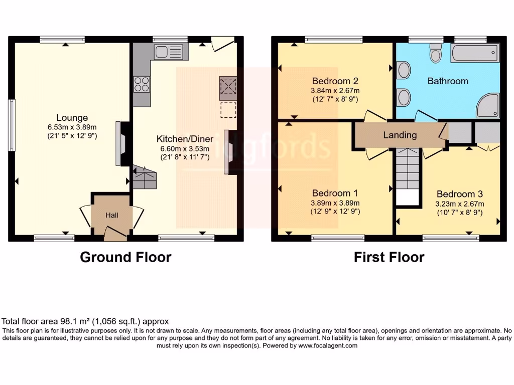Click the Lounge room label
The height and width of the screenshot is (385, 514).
point(65,118)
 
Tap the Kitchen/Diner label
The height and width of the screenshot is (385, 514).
point(185,139)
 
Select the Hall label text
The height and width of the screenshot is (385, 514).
point(111,215)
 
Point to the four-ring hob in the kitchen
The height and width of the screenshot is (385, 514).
point(142,83)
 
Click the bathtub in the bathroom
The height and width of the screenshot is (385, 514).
point(474,53)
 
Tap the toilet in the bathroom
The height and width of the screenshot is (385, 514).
point(435,52)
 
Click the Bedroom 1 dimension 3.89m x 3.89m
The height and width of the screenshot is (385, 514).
point(335,203)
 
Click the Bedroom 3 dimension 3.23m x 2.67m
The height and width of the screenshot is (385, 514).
point(459,204)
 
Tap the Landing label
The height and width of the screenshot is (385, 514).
point(400,135)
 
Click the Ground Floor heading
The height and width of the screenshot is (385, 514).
point(125,257)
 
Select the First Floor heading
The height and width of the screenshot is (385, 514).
point(389,257)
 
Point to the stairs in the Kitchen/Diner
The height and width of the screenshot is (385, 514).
point(145,177)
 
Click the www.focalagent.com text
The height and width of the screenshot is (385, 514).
point(328,345)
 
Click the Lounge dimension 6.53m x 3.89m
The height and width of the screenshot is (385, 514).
point(65,127)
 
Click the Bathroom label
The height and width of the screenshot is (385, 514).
point(448,81)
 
